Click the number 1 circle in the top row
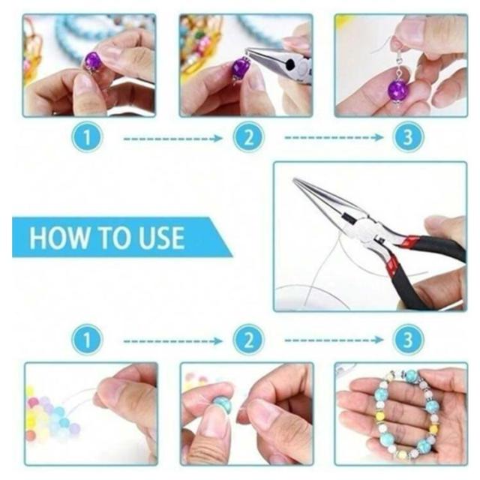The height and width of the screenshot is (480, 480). coord(87,136)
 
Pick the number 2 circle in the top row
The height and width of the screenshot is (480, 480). coord(248,136)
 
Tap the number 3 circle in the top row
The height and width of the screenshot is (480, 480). coord(408,136)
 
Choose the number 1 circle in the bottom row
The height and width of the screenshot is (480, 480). coord(87,340)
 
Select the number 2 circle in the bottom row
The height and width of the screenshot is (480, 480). coord(248,340)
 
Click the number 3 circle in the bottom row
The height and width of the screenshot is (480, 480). coord(408,340)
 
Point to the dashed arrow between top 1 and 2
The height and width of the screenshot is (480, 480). coord(173,139)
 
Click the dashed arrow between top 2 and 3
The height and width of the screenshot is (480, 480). coord(334,138)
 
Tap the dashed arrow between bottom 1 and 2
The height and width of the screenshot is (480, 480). coord(173,341)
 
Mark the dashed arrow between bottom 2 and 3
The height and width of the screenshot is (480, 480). coord(334,340)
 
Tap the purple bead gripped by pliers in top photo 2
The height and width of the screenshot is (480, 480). coord(240,68)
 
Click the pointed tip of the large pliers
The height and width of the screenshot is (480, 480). coord(295,179)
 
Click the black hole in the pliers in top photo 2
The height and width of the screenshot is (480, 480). coord(289,64)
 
